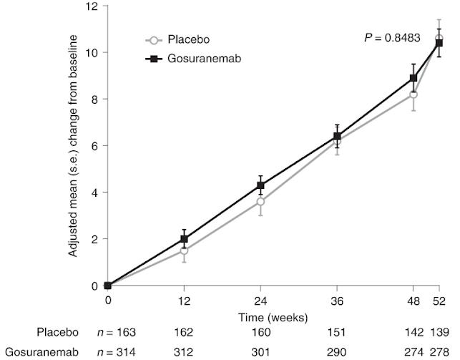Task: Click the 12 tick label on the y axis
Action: [x=91, y=6]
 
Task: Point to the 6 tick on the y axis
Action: [x=94, y=146]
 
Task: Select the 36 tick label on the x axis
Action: [x=337, y=302]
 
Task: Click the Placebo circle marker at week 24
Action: [x=260, y=202]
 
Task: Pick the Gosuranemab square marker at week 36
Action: [x=337, y=136]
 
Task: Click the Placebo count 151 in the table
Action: [x=337, y=334]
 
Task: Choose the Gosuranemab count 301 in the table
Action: [x=260, y=351]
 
